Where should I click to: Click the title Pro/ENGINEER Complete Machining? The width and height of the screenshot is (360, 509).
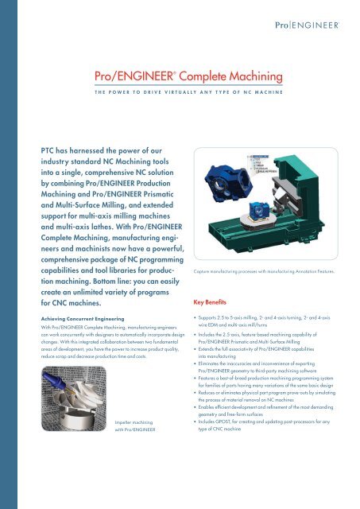click(188, 76)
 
